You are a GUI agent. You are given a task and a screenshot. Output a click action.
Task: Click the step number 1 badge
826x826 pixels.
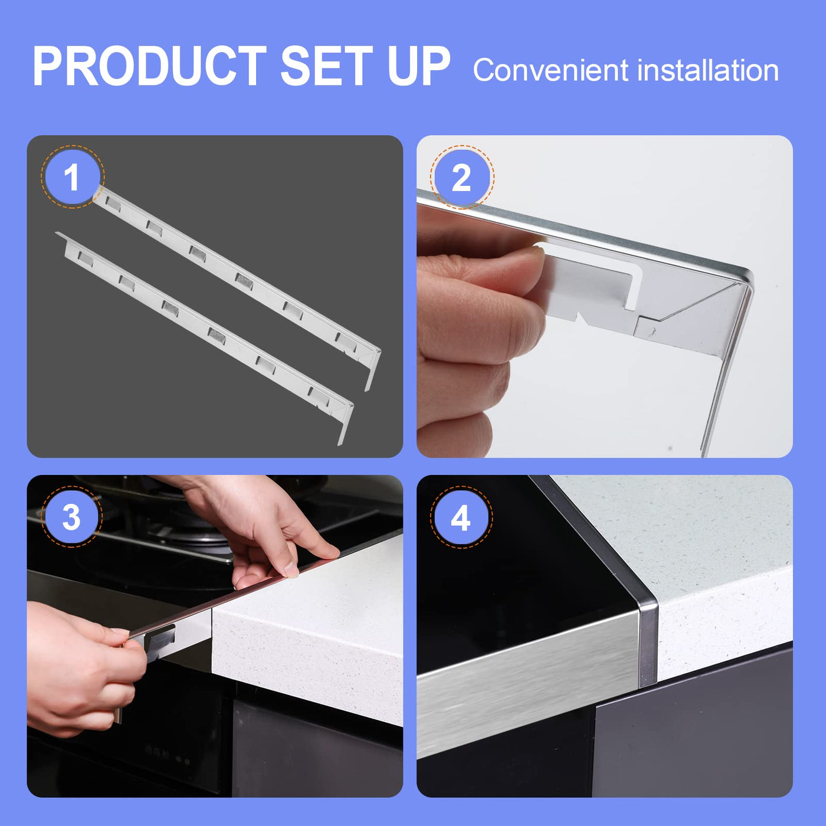(x=72, y=176)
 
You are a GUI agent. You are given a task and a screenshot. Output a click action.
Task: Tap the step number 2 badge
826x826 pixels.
(x=461, y=177)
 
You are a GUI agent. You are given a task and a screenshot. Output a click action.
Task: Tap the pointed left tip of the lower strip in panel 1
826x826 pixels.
(x=56, y=233)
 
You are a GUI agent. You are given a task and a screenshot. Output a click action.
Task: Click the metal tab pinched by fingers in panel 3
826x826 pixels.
(x=160, y=640)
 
